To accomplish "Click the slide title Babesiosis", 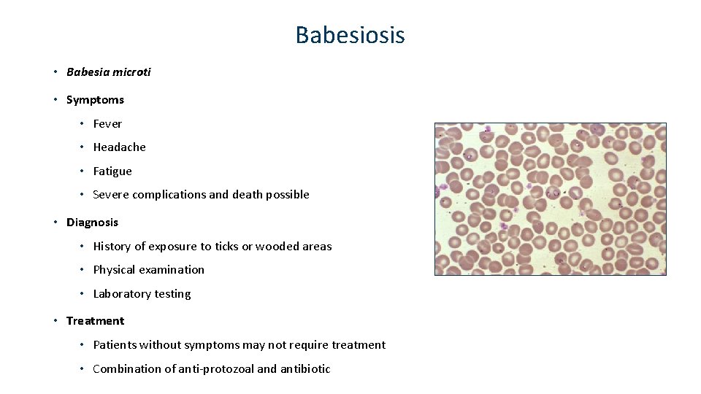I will [350, 35].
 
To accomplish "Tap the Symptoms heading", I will [95, 99].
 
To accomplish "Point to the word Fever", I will [107, 123].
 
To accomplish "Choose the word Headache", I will [119, 147].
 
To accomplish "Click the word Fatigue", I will [112, 171].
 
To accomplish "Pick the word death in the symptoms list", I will [248, 194].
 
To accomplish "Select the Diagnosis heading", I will [92, 222].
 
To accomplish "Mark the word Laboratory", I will [123, 294].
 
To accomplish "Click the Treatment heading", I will [95, 320].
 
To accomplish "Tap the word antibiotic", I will [305, 368].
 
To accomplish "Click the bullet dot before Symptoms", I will [55, 99].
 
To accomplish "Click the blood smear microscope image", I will [550, 198].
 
